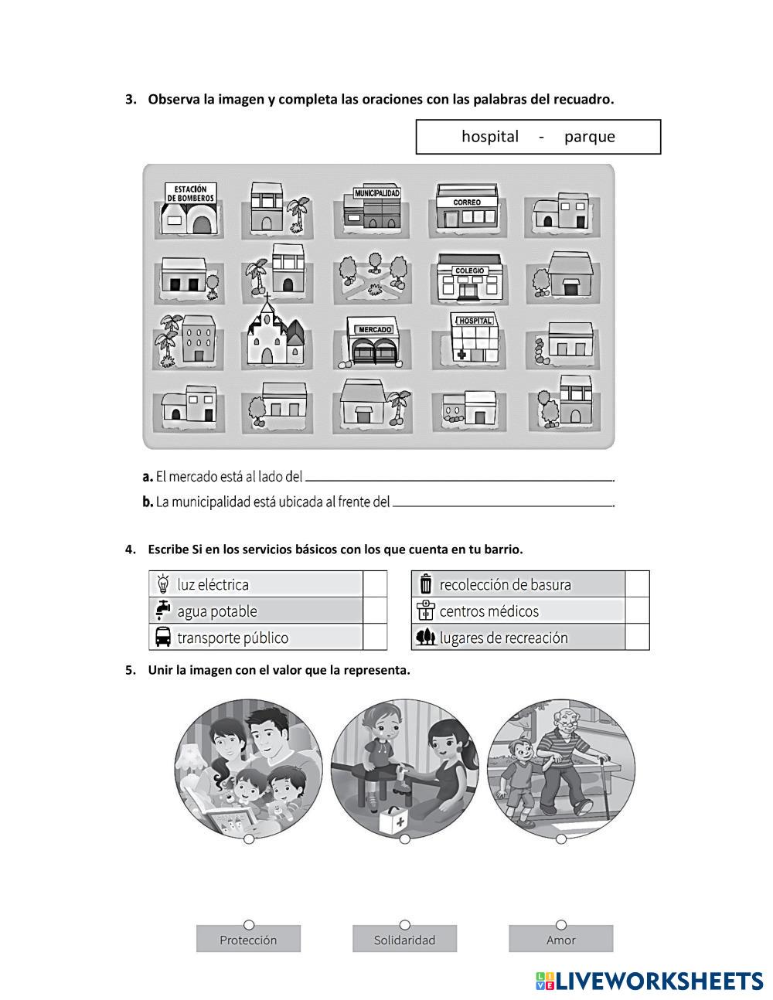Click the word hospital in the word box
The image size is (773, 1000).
490,137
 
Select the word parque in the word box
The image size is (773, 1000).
589,137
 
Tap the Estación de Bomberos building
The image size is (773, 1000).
190,206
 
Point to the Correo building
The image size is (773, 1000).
466,207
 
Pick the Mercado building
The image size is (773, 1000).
373,342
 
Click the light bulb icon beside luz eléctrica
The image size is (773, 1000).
163,583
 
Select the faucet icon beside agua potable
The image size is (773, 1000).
163,611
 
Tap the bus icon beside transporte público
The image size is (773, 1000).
163,638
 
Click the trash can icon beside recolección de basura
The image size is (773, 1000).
425,583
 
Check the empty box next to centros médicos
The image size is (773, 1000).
637,611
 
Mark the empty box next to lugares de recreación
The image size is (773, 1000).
637,638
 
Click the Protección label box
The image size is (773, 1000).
248,940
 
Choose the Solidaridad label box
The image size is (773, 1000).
404,940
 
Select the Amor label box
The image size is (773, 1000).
560,940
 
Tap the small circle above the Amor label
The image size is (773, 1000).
561,924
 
